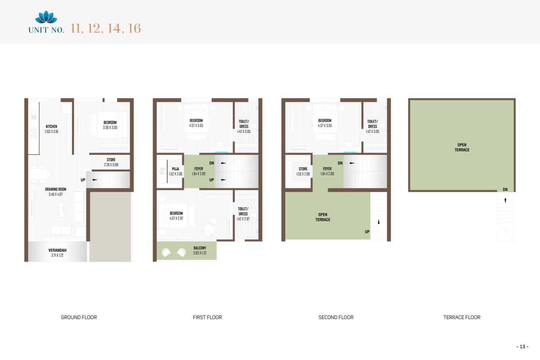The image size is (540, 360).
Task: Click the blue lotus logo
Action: click(46, 17)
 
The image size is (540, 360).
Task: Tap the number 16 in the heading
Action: click(135, 28)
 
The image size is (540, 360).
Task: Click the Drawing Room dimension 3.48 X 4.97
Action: click(56, 194)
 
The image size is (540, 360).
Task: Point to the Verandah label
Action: click(57, 250)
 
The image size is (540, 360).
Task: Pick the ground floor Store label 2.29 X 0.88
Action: click(111, 162)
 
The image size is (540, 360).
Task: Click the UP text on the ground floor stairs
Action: click(83, 180)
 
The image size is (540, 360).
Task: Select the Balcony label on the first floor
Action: click(200, 250)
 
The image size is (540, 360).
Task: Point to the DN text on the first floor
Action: click(212, 163)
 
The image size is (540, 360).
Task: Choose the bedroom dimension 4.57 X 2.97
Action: click(176, 218)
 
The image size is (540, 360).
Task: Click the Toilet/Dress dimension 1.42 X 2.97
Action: click(243, 219)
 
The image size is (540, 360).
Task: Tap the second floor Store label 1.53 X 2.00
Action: click(303, 171)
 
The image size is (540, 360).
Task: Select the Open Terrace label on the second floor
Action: click(323, 217)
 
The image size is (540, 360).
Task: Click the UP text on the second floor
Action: click(367, 232)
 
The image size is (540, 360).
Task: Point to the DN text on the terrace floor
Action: click(505, 190)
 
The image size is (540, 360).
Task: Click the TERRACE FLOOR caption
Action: click(462, 317)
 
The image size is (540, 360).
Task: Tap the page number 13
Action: click(522, 347)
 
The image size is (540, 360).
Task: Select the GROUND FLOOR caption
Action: click(79, 317)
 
